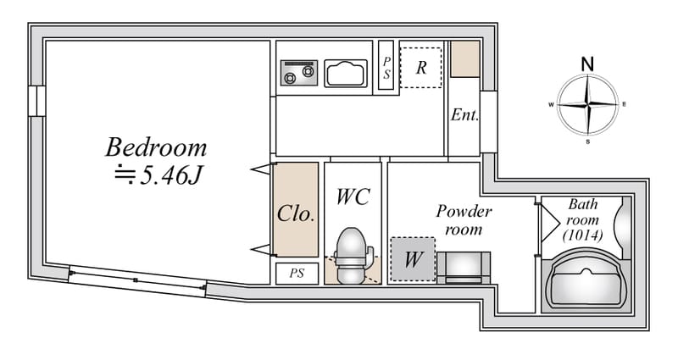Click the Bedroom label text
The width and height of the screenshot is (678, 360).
(x=156, y=147)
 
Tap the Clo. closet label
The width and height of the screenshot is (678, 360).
(x=295, y=213)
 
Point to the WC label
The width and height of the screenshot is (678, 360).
(x=353, y=197)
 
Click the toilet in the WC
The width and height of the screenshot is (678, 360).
(x=352, y=256)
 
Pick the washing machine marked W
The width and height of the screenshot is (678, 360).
(x=413, y=259)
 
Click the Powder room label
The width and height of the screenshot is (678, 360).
(x=464, y=220)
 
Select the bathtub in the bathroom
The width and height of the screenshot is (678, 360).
(x=586, y=281)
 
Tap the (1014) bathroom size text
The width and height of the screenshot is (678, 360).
(x=582, y=235)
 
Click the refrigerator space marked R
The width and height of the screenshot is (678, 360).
(x=420, y=68)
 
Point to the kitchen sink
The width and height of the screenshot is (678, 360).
(x=346, y=74)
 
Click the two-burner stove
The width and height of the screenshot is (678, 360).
(x=299, y=73)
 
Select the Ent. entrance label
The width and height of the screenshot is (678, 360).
(x=464, y=114)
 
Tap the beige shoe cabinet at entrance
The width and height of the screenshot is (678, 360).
(x=465, y=59)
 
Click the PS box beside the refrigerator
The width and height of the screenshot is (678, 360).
(x=386, y=65)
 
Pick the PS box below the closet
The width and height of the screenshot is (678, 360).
(x=297, y=274)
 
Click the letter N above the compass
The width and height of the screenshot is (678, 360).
(x=587, y=64)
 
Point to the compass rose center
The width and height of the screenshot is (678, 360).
(x=587, y=104)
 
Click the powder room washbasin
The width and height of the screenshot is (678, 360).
(x=464, y=268)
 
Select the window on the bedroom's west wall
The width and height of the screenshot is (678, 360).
(x=37, y=101)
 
